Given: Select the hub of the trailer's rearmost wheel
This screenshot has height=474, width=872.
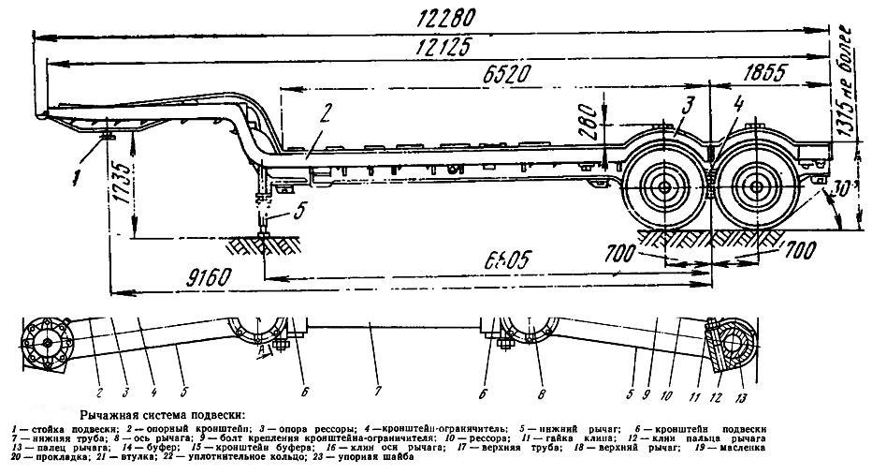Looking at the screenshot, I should coord(753,190).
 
